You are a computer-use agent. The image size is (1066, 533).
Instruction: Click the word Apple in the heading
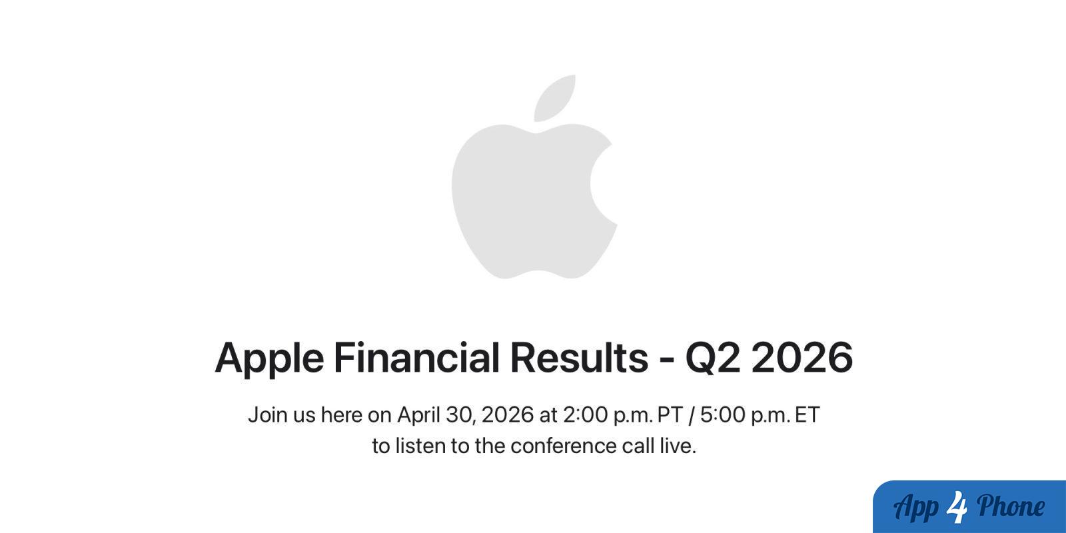tap(269, 358)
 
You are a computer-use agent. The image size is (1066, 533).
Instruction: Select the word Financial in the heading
tap(416, 357)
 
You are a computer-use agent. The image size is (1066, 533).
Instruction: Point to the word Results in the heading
tap(579, 357)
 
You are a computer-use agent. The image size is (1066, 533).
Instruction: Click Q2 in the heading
tap(713, 358)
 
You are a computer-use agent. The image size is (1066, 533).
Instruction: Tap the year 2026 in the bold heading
tap(802, 357)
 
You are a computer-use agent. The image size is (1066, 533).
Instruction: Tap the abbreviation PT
tap(670, 415)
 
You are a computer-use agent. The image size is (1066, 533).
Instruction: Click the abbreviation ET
tap(807, 415)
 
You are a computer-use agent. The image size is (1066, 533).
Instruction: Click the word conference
tap(564, 446)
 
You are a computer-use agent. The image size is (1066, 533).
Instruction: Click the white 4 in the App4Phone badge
tap(957, 507)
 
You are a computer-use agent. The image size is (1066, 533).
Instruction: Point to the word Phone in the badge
tap(1011, 506)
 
